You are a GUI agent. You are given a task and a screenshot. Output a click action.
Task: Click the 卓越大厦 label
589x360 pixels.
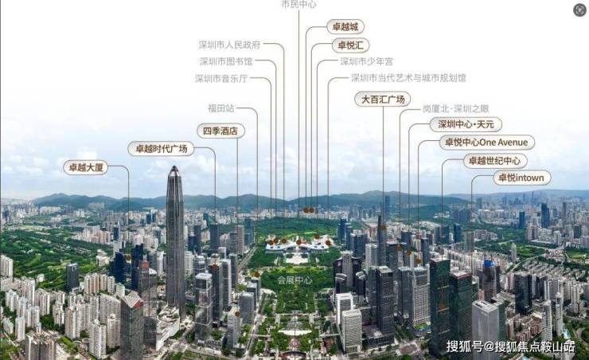tap(85, 168)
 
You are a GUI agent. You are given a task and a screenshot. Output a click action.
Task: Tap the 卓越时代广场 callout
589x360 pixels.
tap(160, 148)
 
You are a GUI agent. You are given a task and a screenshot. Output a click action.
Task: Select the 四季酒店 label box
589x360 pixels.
tap(220, 131)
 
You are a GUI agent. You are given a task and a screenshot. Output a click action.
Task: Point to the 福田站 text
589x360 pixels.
tap(220, 108)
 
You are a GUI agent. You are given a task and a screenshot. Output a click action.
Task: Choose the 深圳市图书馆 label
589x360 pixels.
tap(226, 61)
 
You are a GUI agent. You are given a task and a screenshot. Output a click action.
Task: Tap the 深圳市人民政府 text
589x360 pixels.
tap(229, 45)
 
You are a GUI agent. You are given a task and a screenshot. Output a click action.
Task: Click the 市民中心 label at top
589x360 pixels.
tap(298, 5)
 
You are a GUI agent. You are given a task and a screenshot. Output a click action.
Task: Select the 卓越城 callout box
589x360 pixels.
tap(348, 27)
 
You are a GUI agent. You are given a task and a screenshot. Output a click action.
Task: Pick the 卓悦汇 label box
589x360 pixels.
tap(350, 45)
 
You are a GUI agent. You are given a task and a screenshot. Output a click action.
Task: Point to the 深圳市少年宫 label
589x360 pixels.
tap(366, 61)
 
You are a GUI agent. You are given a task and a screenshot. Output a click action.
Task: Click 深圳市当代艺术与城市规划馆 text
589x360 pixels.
tap(408, 79)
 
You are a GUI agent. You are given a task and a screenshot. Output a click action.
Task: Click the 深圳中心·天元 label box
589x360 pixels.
tap(466, 124)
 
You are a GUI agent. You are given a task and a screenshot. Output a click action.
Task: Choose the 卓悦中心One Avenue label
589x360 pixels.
tap(487, 143)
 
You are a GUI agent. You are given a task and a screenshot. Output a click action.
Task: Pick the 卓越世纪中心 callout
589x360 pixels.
tap(496, 161)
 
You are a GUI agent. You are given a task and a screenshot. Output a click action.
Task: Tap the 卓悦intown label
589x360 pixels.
tap(521, 178)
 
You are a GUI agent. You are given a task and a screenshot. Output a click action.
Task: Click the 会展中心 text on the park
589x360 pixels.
tap(295, 281)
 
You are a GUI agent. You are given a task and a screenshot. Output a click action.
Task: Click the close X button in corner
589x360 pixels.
tap(579, 10)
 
